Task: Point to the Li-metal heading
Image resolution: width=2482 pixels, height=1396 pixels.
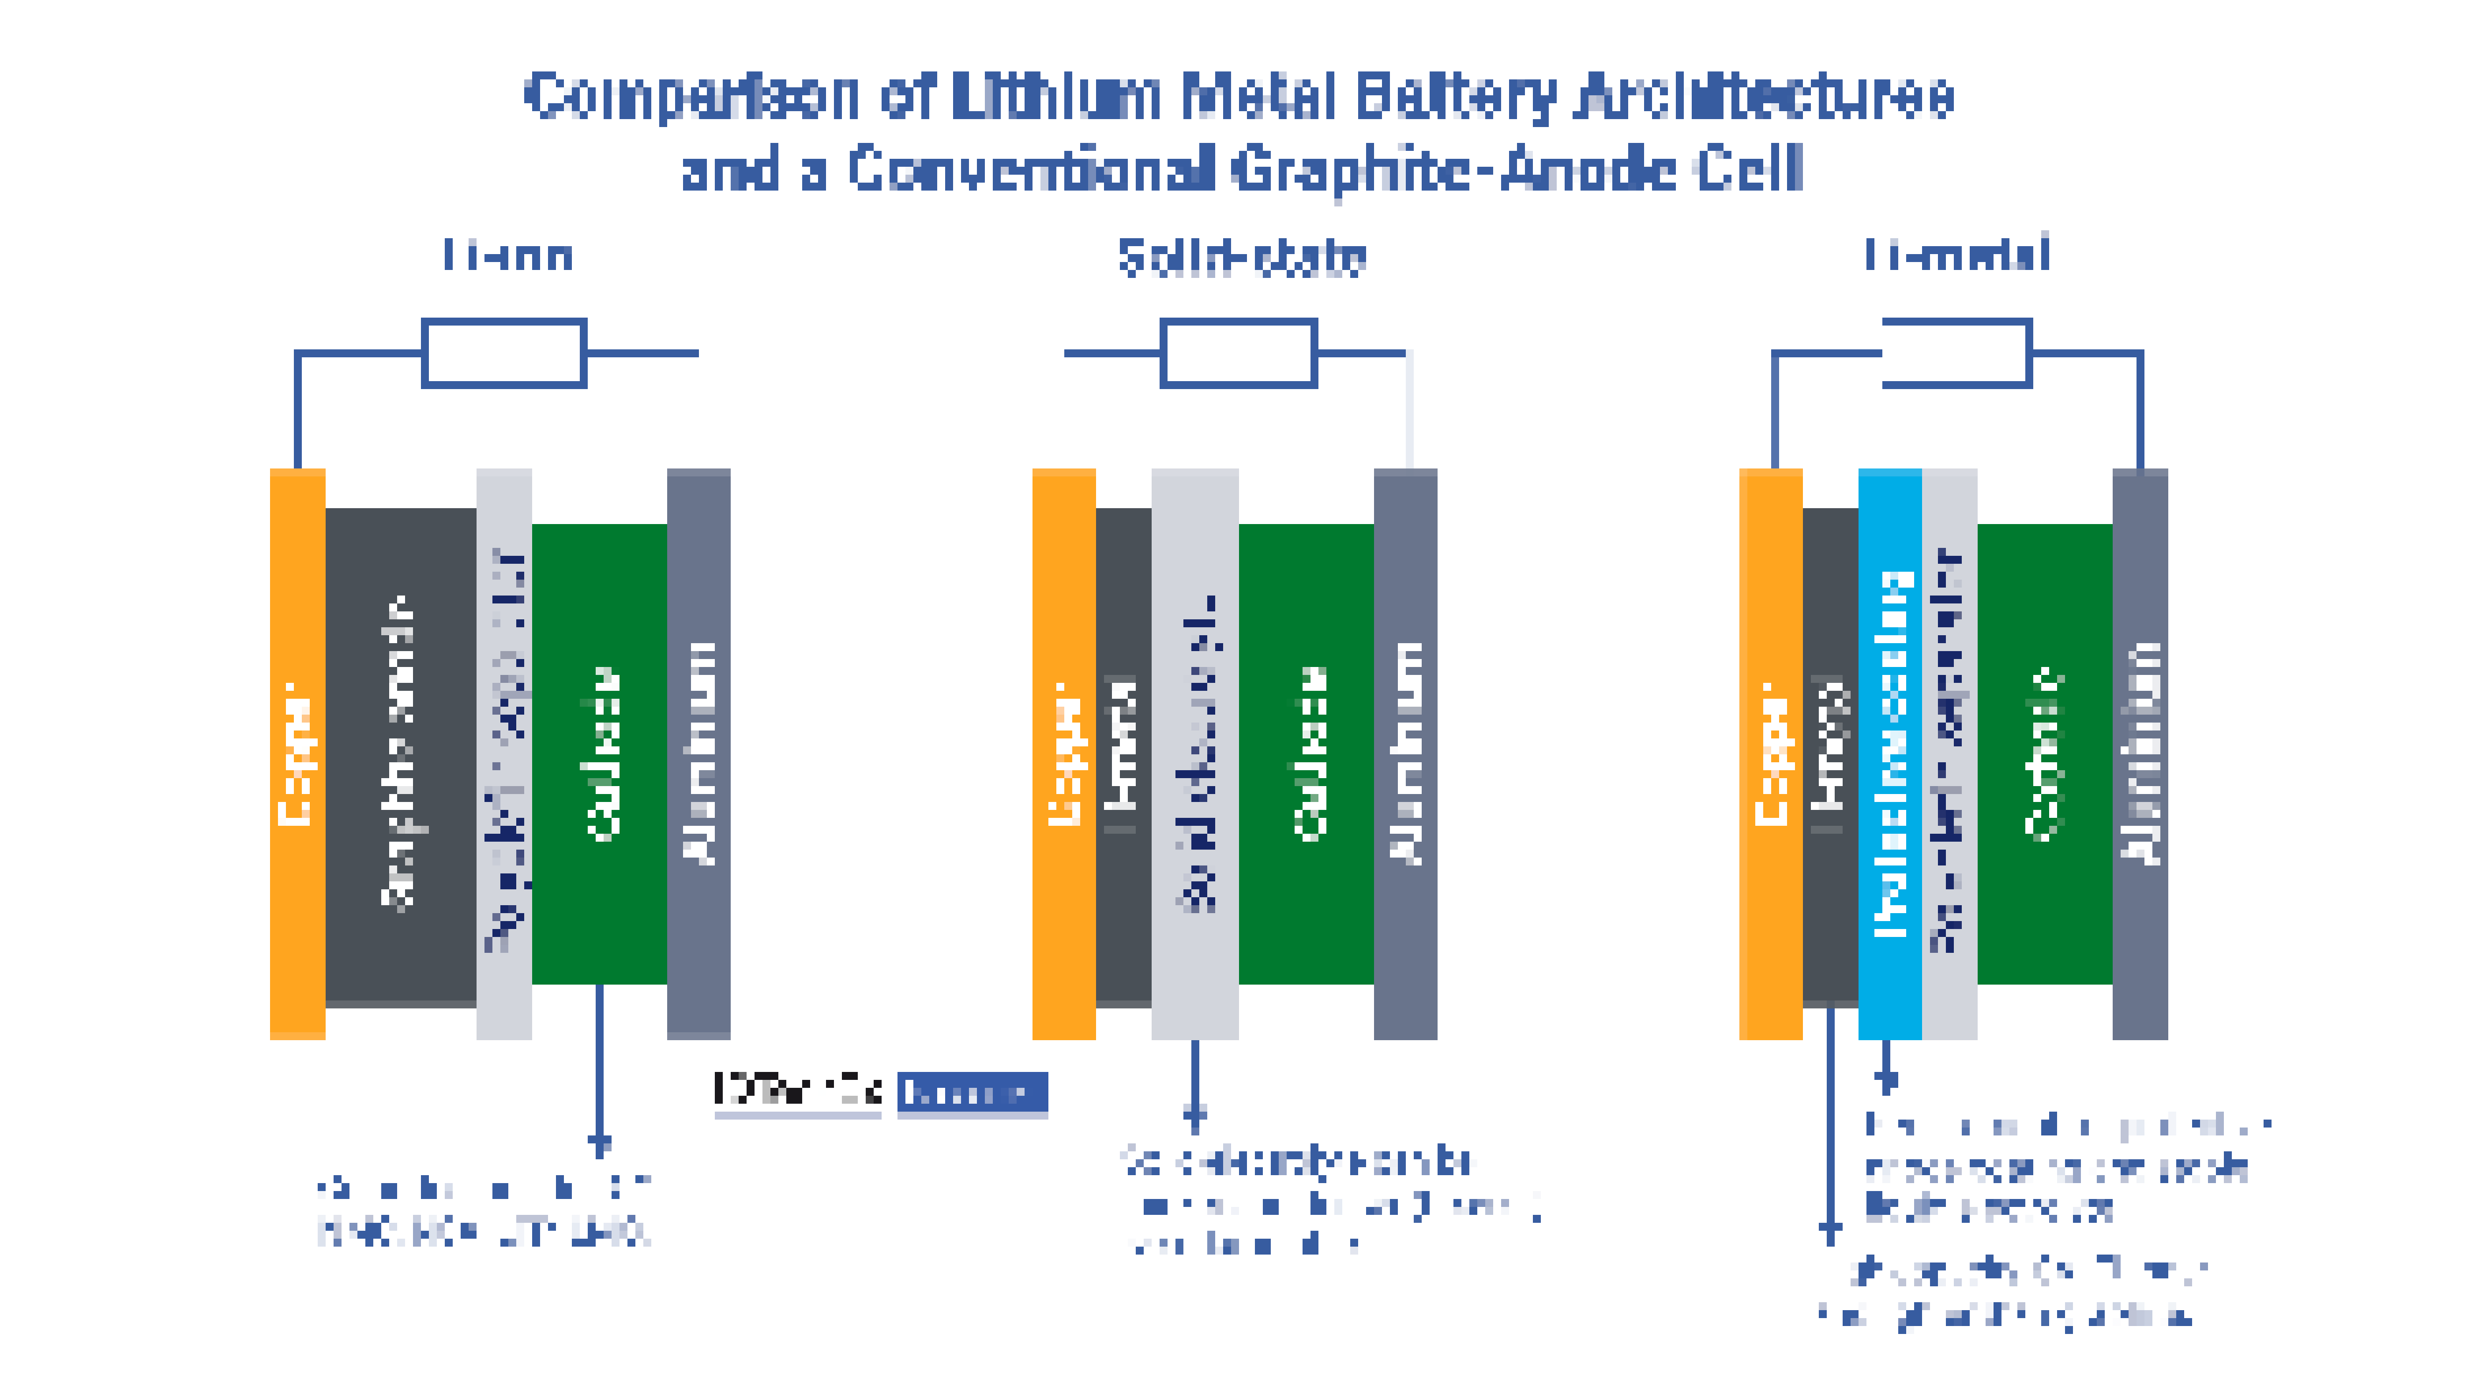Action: point(1956,255)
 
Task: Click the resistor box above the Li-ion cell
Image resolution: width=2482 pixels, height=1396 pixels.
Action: point(504,353)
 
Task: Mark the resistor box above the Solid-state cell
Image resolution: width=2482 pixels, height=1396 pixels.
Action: point(1238,353)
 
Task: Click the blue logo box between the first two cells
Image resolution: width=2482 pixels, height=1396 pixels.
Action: point(972,1093)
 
